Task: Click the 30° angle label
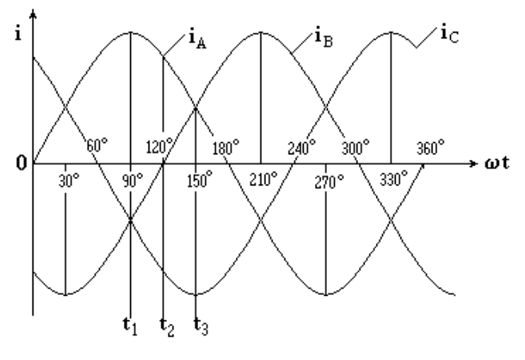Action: tap(69, 181)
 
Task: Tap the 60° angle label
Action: tap(97, 146)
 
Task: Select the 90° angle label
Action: tap(132, 181)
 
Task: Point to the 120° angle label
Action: tap(160, 146)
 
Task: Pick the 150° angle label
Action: tap(200, 179)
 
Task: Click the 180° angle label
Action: tap(226, 147)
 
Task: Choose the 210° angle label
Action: tap(264, 179)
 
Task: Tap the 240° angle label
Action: tap(302, 147)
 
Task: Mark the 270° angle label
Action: tap(329, 182)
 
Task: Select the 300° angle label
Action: tap(356, 147)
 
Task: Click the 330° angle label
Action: tap(394, 178)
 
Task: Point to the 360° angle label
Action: tap(431, 147)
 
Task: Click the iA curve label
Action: tap(198, 39)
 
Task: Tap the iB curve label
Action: tap(324, 38)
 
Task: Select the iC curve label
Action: tap(450, 34)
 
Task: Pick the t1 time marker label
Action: tap(130, 326)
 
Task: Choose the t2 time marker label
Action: tap(167, 327)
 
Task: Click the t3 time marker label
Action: tap(201, 327)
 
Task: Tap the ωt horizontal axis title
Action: tap(497, 163)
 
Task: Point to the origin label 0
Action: tap(21, 164)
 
